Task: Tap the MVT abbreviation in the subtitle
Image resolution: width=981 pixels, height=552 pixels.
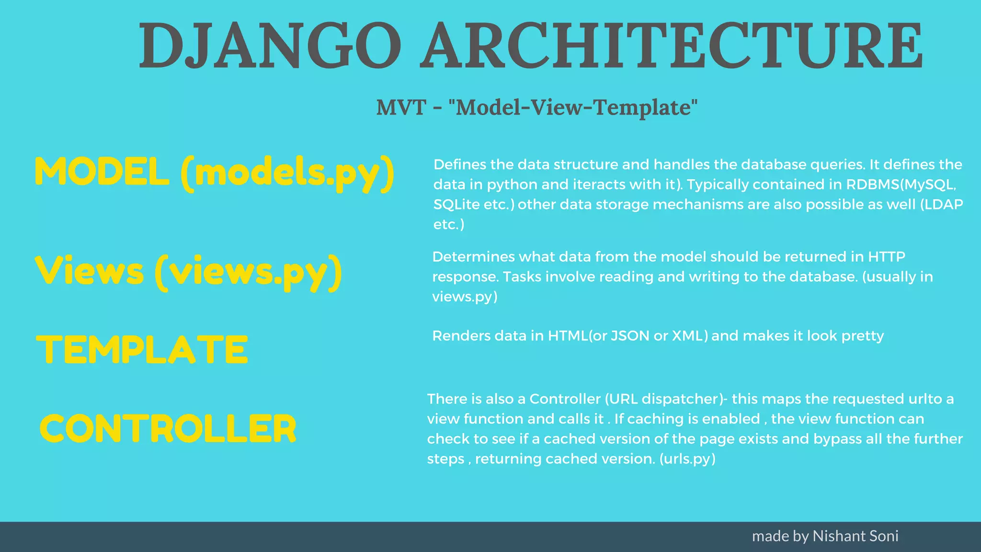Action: [x=401, y=107]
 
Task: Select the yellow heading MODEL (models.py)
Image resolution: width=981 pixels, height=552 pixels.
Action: [x=215, y=172]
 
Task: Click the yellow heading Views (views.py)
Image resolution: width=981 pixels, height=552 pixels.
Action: [x=189, y=272]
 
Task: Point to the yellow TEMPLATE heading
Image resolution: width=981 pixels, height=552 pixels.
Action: [x=142, y=350]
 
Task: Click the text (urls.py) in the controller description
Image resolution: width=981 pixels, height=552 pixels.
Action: [x=687, y=459]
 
